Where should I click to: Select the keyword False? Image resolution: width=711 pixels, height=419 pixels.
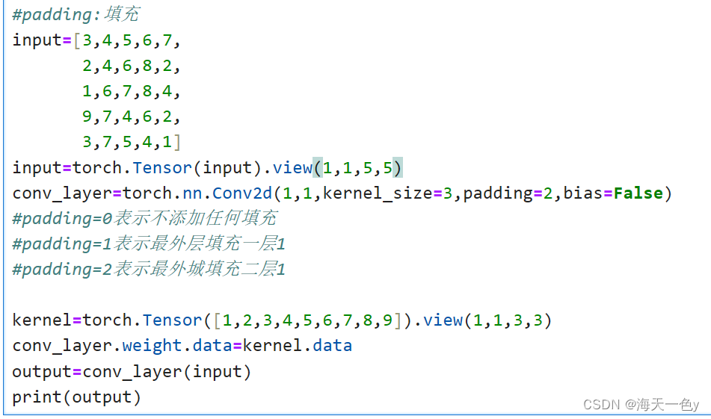click(638, 193)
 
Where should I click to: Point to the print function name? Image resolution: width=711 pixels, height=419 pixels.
click(37, 397)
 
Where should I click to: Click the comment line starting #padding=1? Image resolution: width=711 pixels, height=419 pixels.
click(149, 243)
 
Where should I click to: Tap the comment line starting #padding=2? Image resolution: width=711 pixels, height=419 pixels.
click(149, 269)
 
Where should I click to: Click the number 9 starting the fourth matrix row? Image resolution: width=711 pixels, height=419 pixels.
click(87, 117)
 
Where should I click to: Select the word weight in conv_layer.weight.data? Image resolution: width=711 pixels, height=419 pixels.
click(153, 346)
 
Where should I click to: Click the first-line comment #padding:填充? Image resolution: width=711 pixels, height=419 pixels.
click(76, 14)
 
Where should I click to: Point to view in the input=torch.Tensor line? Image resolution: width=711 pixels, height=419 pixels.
click(292, 167)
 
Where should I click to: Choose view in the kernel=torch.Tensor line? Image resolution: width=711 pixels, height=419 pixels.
click(443, 320)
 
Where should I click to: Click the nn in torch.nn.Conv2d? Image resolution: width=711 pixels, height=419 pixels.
click(192, 193)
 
